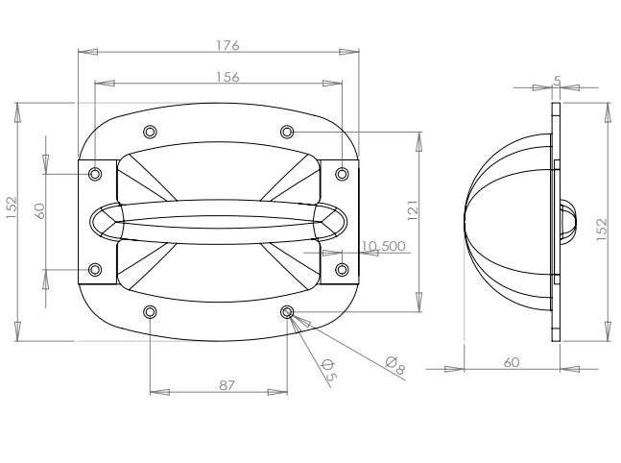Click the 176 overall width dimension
pos(227,45)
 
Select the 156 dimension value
pos(227,76)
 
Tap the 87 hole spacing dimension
pos(227,384)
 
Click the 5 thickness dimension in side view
pos(558,81)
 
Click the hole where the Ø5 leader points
pos(287,312)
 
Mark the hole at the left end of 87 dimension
pos(150,312)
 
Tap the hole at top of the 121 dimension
pos(286,131)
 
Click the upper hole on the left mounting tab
pos(94,174)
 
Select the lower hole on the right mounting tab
pos(342,268)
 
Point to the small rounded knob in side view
pos(566,220)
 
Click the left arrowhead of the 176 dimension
pos(84,53)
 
